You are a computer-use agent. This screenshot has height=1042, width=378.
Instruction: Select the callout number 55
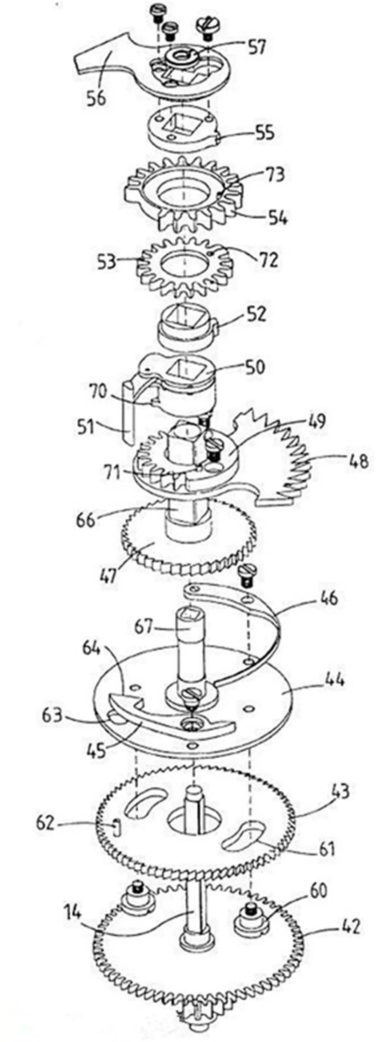(265, 132)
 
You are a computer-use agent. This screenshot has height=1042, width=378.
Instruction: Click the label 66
(86, 520)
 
